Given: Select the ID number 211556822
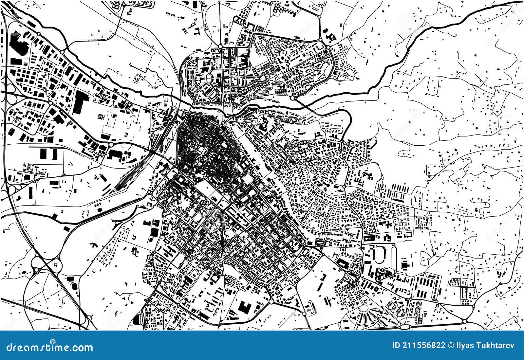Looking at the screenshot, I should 419,346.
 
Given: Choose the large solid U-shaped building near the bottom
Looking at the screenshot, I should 244,308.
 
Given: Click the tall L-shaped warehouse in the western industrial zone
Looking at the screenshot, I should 78,102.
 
